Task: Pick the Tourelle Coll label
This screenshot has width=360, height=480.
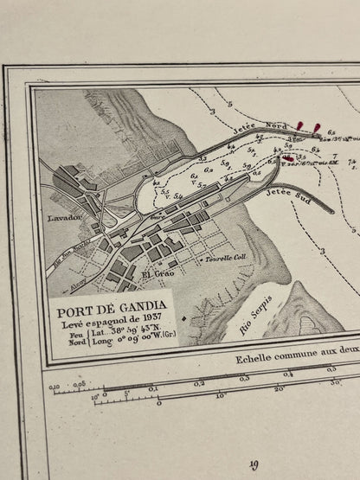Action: [228, 257]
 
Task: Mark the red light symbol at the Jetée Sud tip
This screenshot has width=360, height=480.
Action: [288, 157]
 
